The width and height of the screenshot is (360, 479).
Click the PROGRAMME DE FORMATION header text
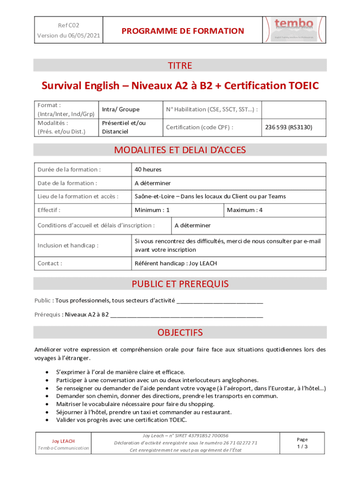coord(183,31)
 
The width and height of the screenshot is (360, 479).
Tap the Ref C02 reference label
coord(68,24)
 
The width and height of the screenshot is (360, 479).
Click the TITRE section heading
coord(180,65)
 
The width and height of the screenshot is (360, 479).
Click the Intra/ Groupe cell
coord(121,109)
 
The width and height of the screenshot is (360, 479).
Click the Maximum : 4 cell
coord(245,210)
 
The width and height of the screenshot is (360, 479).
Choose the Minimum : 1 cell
coord(152,210)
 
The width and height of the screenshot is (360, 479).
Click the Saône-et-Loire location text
coord(210,196)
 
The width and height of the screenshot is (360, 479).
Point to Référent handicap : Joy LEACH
coord(175,263)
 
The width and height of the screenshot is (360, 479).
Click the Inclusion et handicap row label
coord(68,245)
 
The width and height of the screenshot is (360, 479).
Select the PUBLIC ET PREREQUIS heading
coord(180,284)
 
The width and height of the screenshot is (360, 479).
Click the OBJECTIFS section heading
coord(180,333)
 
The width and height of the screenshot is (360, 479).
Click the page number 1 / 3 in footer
coord(302,447)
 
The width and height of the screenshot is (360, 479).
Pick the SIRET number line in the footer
coord(185,435)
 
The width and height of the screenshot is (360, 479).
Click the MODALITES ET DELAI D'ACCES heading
coord(180,150)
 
